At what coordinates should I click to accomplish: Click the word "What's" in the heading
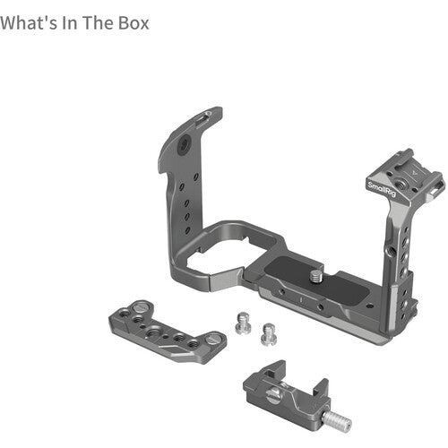pos(26,21)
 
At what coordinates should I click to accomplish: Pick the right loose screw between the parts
pos(266,333)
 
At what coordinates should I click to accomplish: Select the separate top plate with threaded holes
pos(167,332)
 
